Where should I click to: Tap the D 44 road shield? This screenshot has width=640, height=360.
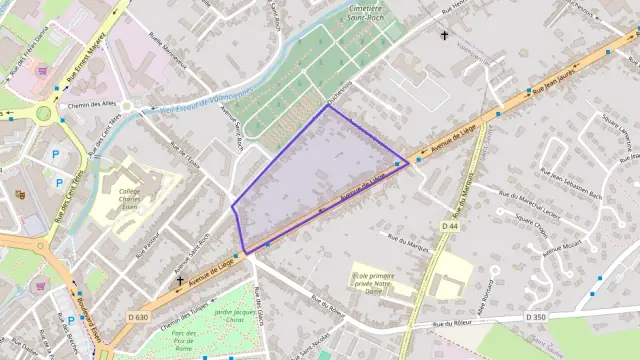(x=449, y=227)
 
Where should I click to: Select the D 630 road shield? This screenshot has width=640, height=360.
(x=138, y=317)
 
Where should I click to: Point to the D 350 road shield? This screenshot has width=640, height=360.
(x=536, y=316)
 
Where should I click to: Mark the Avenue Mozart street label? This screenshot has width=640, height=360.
(x=562, y=248)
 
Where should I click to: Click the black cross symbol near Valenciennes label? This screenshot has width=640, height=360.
(x=445, y=36)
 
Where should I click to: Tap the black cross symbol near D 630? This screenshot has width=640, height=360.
(x=180, y=280)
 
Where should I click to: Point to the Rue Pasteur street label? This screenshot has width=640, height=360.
(x=149, y=243)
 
